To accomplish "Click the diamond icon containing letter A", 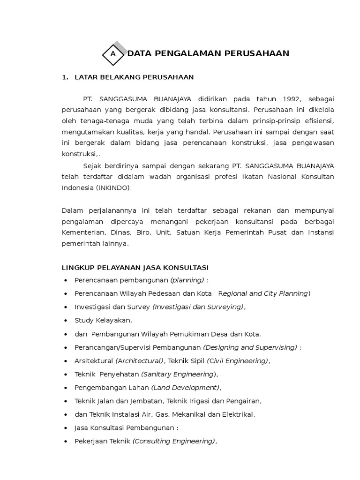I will click(113, 54).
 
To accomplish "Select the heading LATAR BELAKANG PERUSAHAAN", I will click(134, 77).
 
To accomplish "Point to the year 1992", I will click(293, 99).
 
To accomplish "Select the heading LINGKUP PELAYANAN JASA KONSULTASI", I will click(135, 268).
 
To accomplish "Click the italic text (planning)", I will click(187, 280).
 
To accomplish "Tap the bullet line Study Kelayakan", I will click(103, 321).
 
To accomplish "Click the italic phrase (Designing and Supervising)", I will click(250, 348).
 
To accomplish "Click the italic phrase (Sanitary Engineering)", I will click(180, 375).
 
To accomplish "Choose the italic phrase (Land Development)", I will click(185, 388).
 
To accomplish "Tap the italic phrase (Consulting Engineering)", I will click(174, 441).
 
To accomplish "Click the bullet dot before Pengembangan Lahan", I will click(65, 388).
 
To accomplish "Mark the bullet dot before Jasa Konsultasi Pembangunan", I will click(65, 428).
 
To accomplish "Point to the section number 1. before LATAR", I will click(65, 77).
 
